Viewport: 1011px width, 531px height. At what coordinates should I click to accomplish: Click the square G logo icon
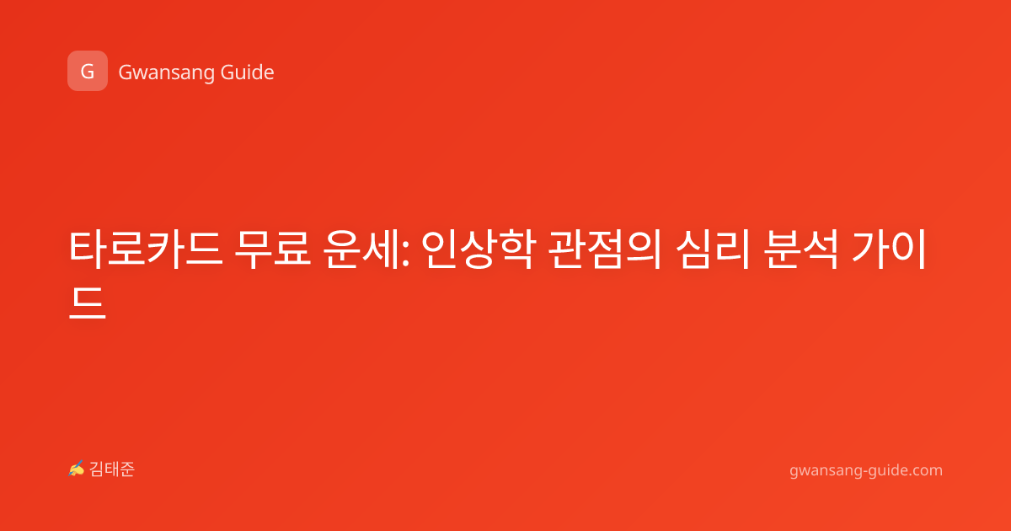point(88,71)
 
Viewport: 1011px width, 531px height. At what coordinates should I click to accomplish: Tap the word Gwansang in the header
point(166,73)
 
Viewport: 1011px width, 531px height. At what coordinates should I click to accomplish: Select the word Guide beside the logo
point(248,72)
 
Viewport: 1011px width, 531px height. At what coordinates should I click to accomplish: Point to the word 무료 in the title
point(273,249)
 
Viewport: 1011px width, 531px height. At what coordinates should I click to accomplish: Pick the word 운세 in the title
point(361,249)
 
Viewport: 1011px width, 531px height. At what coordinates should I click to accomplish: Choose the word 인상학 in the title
point(479,249)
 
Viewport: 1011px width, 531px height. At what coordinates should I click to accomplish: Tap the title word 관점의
point(606,249)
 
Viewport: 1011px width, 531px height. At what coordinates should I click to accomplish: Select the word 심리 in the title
point(713,249)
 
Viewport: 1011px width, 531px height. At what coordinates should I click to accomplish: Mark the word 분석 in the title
point(801,249)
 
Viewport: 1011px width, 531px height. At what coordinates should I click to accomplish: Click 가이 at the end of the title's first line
point(889,249)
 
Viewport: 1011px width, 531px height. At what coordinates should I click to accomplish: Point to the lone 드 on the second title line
point(88,303)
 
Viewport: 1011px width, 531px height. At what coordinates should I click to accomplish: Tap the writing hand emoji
point(76,469)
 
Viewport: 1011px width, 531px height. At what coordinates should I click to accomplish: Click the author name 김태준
point(112,469)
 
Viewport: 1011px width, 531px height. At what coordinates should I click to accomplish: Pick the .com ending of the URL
point(924,470)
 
